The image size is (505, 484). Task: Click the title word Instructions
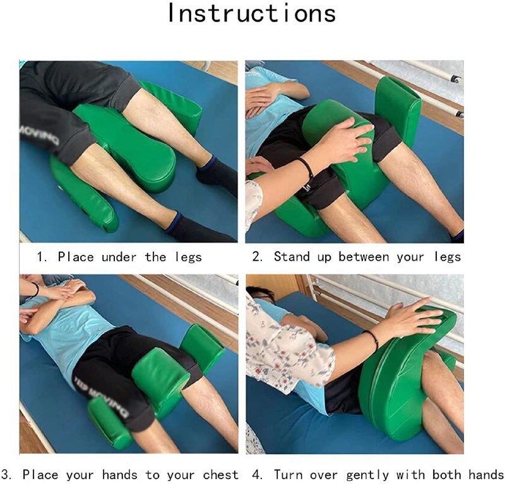(x=252, y=13)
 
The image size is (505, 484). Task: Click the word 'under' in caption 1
(x=119, y=257)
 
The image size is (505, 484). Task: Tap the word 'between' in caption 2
(x=364, y=257)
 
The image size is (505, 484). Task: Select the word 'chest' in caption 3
(x=220, y=475)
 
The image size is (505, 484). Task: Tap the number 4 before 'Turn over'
(x=257, y=475)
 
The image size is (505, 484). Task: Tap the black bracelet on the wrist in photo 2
(x=306, y=167)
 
